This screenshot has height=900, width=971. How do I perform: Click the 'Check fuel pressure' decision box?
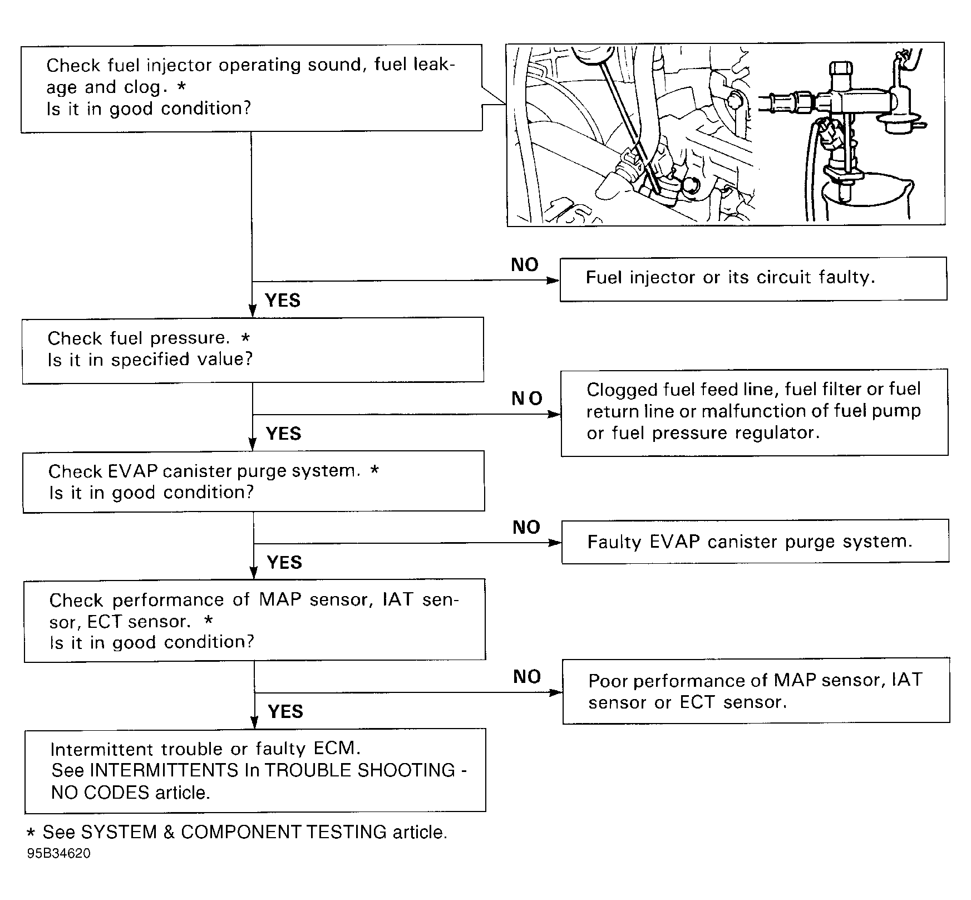coord(253,350)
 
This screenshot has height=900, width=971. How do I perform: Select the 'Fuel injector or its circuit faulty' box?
coord(753,278)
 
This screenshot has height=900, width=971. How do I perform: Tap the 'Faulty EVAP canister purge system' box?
coord(755,542)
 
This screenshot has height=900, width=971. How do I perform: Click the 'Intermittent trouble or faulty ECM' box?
coord(255,770)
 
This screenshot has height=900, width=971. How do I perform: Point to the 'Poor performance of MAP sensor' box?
coord(756,691)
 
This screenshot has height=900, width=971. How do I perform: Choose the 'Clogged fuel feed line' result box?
coord(754,412)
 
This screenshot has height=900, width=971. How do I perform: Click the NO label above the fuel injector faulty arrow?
coord(524,265)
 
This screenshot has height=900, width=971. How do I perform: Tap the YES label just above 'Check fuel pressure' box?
coord(283,301)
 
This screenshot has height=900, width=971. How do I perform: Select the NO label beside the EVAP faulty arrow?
coord(526,527)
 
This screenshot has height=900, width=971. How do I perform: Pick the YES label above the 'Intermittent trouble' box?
coord(285,711)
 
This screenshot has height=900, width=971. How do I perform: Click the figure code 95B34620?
coord(58,853)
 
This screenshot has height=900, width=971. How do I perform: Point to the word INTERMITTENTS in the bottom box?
coord(164,770)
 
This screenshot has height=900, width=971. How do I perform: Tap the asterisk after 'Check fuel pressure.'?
coord(245,338)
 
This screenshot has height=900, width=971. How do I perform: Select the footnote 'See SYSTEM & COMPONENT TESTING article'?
coord(237,832)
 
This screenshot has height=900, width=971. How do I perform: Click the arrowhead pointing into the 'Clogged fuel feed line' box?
coord(555,414)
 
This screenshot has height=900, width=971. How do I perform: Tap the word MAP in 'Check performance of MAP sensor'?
coord(281,599)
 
